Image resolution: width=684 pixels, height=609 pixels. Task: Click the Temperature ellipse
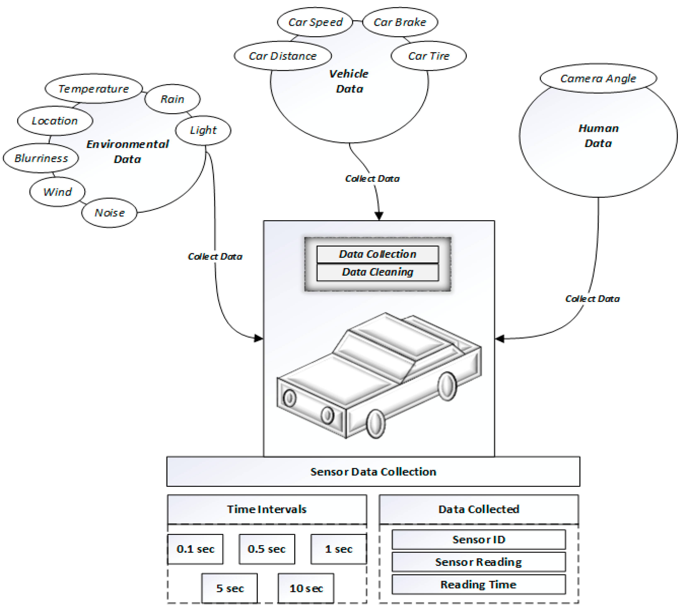coord(93,89)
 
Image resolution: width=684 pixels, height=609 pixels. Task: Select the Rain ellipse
coord(172,99)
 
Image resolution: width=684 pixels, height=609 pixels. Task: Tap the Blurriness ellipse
coord(41,158)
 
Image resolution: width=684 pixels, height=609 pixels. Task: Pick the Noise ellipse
coord(109,213)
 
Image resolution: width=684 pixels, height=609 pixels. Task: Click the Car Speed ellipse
coord(315,22)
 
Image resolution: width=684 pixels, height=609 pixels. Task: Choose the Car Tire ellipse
coord(428,56)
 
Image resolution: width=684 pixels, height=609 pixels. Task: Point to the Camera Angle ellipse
coord(598,78)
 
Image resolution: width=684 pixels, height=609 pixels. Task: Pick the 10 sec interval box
coord(306,588)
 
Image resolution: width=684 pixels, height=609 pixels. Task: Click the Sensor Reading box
coord(478,562)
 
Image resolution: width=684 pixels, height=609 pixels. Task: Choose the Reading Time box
coord(478,585)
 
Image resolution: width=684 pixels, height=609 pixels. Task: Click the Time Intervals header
coord(267,509)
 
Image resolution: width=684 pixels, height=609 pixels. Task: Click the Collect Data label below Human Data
coord(592,299)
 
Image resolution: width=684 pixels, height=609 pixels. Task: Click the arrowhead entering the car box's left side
coord(258,338)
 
